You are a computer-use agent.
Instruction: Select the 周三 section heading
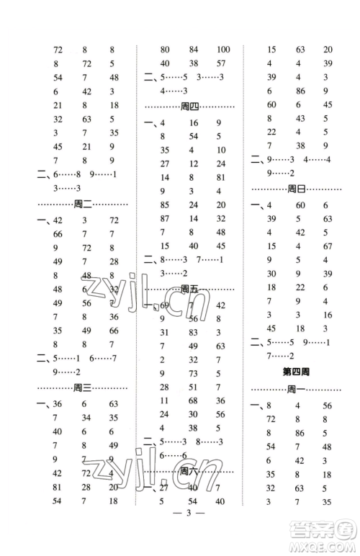[x=83, y=387]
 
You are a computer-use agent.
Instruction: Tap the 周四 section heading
[x=190, y=106]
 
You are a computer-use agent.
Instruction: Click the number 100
[x=222, y=50]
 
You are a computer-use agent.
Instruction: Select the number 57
[x=221, y=63]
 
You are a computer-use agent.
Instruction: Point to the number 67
[x=328, y=246]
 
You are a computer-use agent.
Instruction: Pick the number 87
[x=164, y=218]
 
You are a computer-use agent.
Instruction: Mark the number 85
[x=164, y=205]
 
